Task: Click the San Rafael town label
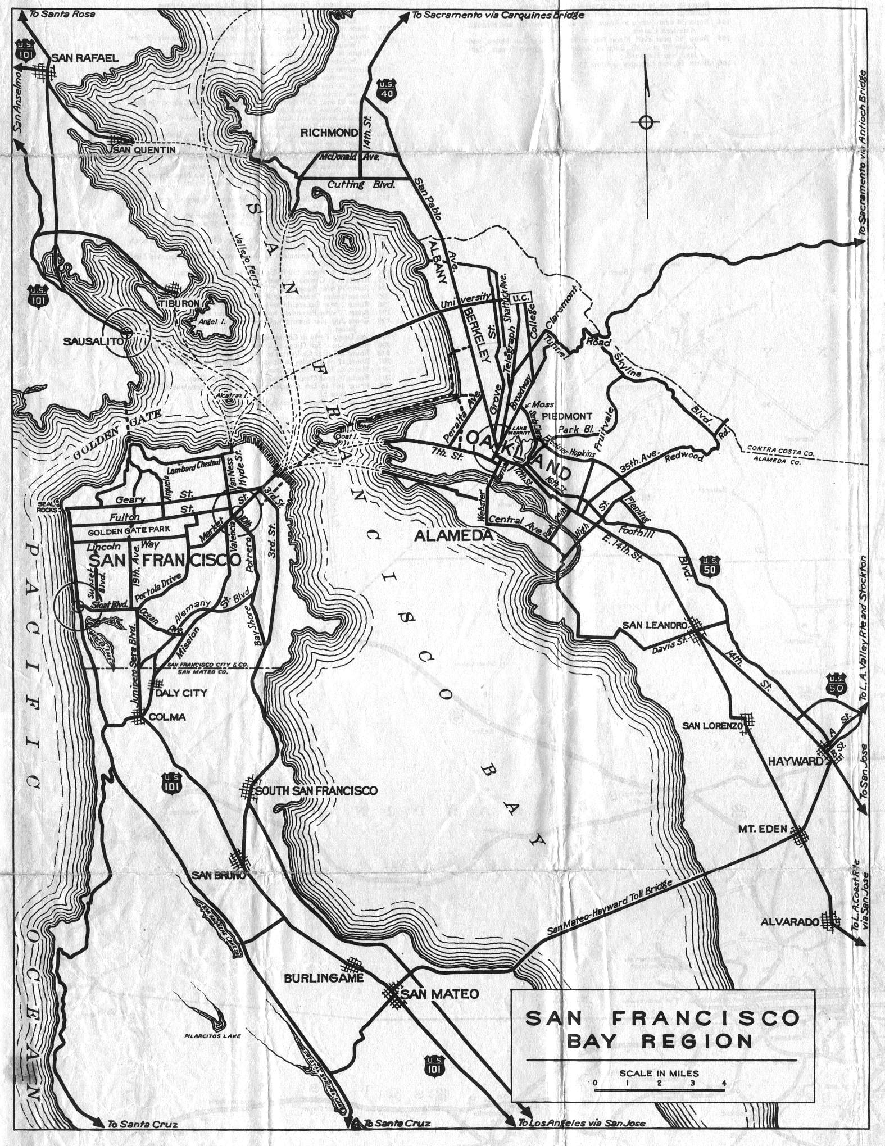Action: (x=85, y=58)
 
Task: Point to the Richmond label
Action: (x=329, y=133)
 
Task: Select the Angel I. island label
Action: (x=203, y=322)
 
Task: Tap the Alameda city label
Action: (x=453, y=536)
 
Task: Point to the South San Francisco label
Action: (x=316, y=790)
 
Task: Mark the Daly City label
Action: (x=181, y=693)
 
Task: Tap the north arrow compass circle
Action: (x=646, y=121)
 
